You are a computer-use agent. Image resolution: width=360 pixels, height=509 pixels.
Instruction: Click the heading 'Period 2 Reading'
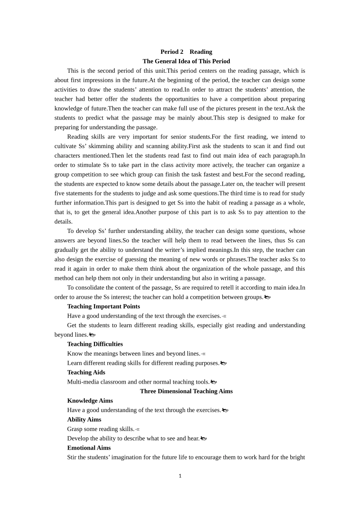tap(186, 52)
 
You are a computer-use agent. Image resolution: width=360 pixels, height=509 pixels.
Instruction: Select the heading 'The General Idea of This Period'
tap(186, 61)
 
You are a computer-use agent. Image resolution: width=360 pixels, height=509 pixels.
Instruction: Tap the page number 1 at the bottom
tap(180, 476)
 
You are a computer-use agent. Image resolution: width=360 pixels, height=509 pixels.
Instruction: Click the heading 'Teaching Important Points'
tap(103, 306)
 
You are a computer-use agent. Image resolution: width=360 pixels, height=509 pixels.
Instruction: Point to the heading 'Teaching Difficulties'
tap(95, 344)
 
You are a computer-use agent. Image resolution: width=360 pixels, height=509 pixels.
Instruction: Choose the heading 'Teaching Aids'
tap(86, 372)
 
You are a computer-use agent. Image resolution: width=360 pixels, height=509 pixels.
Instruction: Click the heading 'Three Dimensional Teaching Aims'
tap(186, 391)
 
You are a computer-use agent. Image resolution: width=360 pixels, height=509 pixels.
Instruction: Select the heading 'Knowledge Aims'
tap(90, 401)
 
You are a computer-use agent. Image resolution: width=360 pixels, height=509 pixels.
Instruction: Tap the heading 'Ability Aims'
tap(84, 420)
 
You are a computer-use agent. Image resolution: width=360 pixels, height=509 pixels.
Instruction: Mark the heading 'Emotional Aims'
tap(89, 448)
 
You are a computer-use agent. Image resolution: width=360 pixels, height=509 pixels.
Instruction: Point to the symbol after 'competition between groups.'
tap(267, 297)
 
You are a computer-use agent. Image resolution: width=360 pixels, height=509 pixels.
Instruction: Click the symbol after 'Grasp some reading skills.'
tap(138, 429)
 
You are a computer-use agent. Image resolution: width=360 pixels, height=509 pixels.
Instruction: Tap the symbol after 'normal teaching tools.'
tap(214, 382)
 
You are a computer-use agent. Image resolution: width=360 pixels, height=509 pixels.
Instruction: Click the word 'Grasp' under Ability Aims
tap(75, 429)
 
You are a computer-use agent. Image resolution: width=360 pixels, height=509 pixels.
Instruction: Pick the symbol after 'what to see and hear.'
tap(203, 439)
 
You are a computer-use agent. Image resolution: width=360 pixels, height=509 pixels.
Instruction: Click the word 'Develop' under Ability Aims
tap(78, 438)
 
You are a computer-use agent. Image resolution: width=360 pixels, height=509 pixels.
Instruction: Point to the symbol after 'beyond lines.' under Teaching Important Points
tap(92, 335)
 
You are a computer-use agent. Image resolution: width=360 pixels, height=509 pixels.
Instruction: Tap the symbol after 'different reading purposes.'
tap(223, 363)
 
